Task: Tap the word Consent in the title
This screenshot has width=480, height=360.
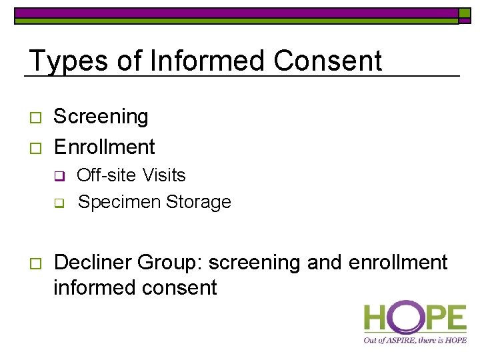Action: (327, 61)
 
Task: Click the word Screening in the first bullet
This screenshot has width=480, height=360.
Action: (101, 117)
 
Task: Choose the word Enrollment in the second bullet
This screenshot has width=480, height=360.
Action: (104, 147)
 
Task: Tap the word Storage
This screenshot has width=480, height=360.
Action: (199, 202)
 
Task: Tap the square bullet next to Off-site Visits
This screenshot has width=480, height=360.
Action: (59, 177)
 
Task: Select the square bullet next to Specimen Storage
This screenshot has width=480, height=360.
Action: (59, 203)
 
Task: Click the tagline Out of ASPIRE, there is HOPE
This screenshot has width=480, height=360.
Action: (414, 340)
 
